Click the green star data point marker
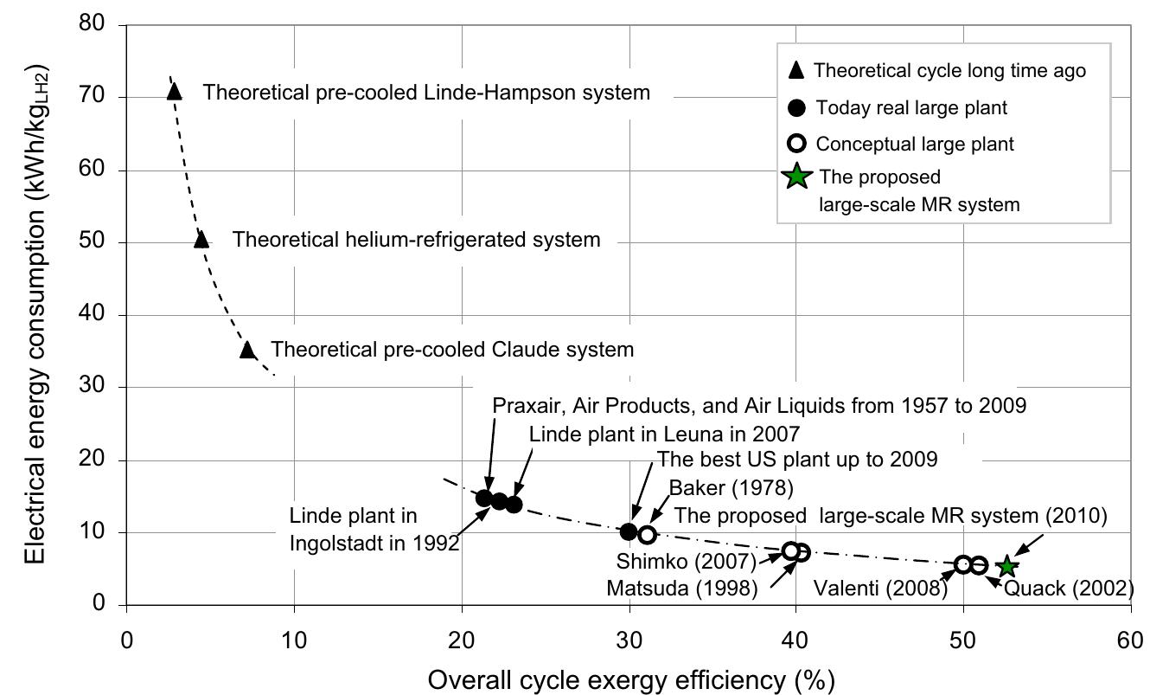coord(1006,567)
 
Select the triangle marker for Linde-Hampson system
coord(174,90)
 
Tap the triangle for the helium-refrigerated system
coord(201,239)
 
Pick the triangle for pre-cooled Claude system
coord(247,350)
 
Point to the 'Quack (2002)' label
coord(1069,589)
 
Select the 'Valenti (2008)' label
coord(880,589)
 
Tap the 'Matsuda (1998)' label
coord(681,589)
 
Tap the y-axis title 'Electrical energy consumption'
coord(35,313)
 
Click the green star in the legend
coord(796,177)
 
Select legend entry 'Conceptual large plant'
coord(915,144)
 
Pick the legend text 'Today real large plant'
coord(911,108)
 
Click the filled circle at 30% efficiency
coord(629,531)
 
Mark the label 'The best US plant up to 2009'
coord(796,458)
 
